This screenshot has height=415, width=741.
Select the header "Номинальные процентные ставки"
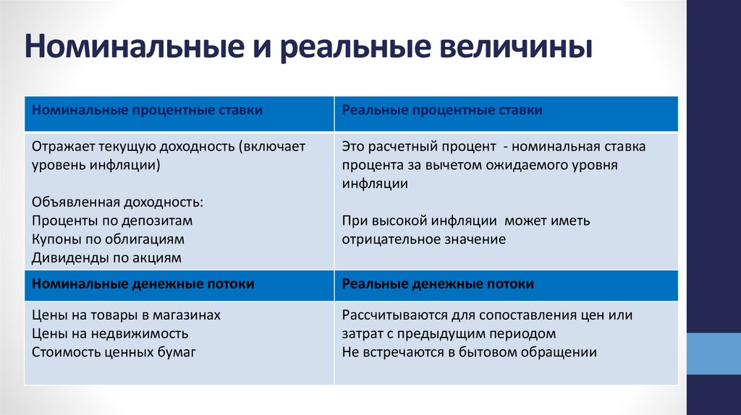pyautogui.click(x=147, y=110)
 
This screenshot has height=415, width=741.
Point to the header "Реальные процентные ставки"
pyautogui.click(x=442, y=110)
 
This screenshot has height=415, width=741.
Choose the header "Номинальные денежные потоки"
pyautogui.click(x=143, y=284)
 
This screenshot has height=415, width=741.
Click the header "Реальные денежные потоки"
pyautogui.click(x=438, y=284)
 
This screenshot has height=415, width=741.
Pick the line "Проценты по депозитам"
pyautogui.click(x=112, y=221)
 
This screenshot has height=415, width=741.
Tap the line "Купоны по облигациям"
pyautogui.click(x=109, y=239)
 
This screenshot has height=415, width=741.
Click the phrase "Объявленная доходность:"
pyautogui.click(x=118, y=202)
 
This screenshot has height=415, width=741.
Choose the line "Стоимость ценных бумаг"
pyautogui.click(x=114, y=352)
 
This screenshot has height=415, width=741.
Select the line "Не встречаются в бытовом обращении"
pyautogui.click(x=470, y=352)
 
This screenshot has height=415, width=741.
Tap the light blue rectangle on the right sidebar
pyautogui.click(x=714, y=354)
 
